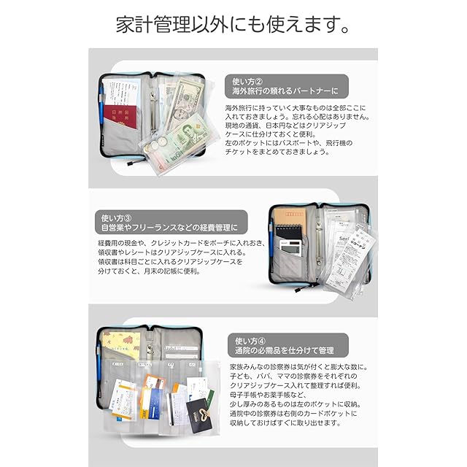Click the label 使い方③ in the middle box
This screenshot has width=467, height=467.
pyautogui.click(x=117, y=217)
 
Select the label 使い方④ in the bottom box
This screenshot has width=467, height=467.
pyautogui.click(x=250, y=340)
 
